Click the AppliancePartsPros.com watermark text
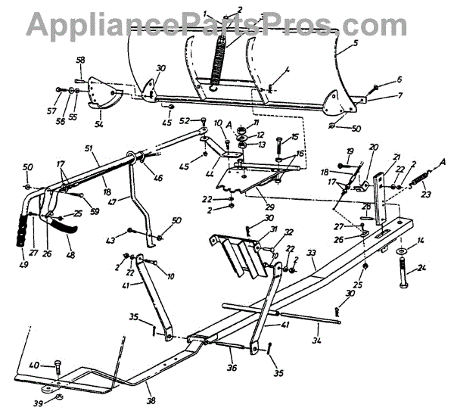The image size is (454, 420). pos(227,23)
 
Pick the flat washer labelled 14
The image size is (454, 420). pos(400,250)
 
